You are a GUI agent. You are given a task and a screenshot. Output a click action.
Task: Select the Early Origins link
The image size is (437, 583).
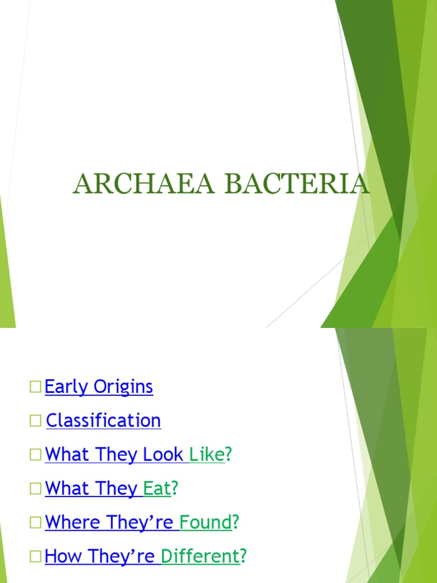pyautogui.click(x=99, y=387)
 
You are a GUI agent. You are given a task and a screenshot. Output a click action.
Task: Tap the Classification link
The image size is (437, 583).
pyautogui.click(x=104, y=421)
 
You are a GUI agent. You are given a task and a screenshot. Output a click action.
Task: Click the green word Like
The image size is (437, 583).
pyautogui.click(x=207, y=455)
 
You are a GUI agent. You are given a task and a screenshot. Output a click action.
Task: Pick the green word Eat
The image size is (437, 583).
pyautogui.click(x=157, y=488)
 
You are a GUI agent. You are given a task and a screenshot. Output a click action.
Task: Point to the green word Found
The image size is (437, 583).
pyautogui.click(x=206, y=522)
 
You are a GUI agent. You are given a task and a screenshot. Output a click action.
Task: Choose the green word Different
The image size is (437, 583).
pyautogui.click(x=201, y=556)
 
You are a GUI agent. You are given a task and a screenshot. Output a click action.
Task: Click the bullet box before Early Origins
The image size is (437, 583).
pyautogui.click(x=36, y=387)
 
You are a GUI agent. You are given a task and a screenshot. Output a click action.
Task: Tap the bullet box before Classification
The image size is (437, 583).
pyautogui.click(x=36, y=421)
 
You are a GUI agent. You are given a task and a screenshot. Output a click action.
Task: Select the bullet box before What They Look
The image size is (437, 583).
pyautogui.click(x=36, y=455)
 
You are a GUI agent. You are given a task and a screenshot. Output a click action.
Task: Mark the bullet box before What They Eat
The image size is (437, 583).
pyautogui.click(x=36, y=488)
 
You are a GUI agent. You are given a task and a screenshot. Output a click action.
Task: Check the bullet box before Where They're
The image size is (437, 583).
pyautogui.click(x=36, y=523)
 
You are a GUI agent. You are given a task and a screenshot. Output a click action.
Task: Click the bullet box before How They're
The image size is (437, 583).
pyautogui.click(x=36, y=556)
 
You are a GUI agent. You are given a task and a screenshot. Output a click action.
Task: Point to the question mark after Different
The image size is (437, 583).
pyautogui.click(x=244, y=556)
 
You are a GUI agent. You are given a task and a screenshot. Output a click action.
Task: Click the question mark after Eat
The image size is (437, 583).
pyautogui.click(x=175, y=488)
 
